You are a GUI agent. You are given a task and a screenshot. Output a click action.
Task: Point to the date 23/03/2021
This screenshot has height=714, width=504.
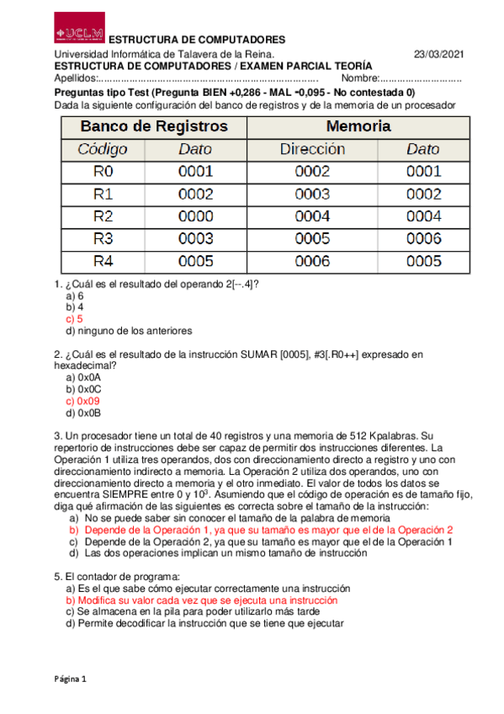[x=438, y=55]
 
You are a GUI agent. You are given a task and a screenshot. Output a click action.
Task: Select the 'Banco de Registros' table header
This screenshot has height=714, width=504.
[x=154, y=126]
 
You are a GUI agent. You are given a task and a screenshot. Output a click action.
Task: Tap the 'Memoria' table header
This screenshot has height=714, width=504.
[x=358, y=126]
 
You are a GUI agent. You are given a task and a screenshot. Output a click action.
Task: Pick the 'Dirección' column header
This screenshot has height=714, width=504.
[x=312, y=150]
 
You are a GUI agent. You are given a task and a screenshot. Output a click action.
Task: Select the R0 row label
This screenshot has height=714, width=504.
[x=103, y=172]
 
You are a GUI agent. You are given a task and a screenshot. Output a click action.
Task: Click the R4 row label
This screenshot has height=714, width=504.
[x=103, y=261]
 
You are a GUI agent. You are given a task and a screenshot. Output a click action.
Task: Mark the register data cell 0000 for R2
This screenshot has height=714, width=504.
[x=195, y=216]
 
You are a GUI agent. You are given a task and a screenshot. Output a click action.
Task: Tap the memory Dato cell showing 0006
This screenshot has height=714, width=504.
[x=423, y=239]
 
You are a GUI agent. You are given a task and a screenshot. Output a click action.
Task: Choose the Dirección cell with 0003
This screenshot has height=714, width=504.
[x=312, y=194]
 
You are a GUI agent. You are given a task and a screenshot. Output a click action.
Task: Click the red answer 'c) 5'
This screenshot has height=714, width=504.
[x=74, y=319]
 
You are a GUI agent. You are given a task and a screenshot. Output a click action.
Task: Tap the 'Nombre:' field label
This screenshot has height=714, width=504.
[x=360, y=79]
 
